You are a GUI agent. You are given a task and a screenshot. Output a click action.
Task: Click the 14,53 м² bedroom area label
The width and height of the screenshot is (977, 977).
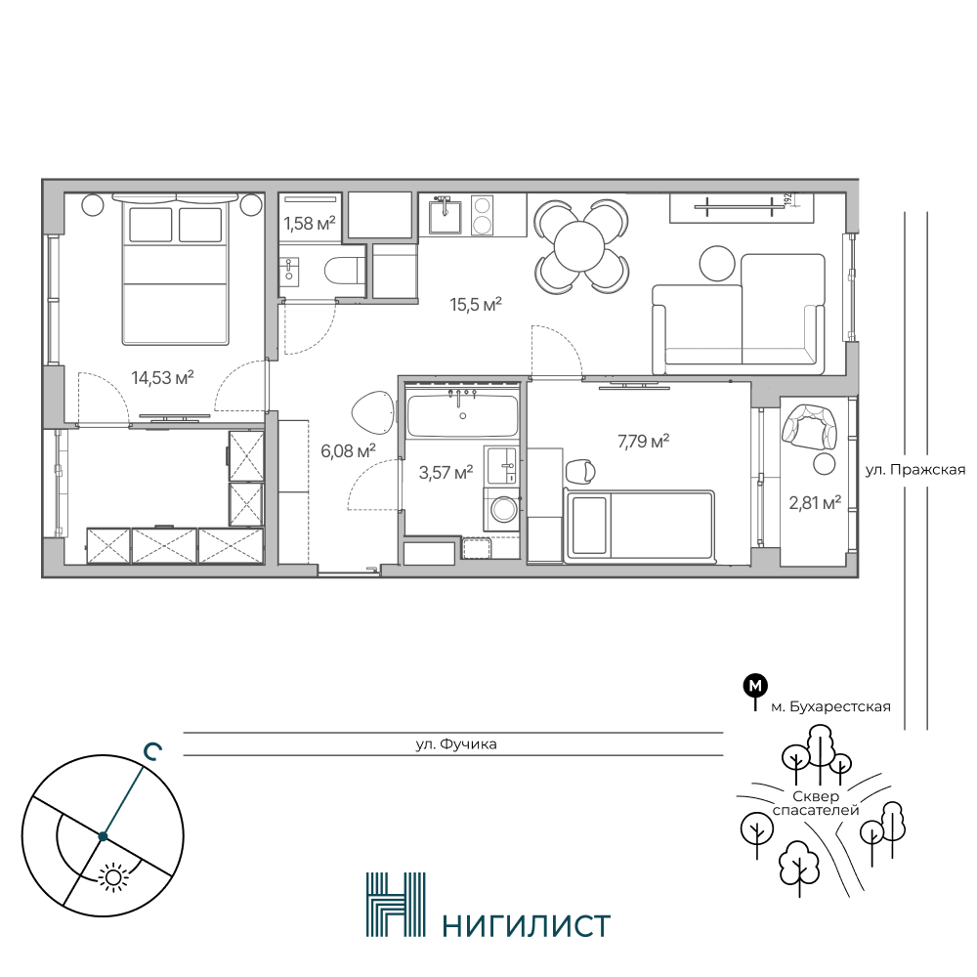162,377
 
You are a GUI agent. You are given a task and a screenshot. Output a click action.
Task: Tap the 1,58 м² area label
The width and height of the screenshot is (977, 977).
310,223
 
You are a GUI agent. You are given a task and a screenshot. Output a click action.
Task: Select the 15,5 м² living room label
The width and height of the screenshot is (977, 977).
476,305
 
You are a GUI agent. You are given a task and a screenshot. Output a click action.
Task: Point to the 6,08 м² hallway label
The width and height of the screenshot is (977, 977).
348,450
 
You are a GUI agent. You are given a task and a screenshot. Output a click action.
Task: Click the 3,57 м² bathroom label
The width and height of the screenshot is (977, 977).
446,472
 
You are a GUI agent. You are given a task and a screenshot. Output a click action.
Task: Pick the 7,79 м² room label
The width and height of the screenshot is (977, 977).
644,442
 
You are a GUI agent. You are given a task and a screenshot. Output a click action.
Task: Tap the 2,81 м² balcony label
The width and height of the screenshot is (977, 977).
815,502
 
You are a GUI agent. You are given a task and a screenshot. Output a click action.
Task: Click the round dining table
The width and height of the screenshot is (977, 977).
579,247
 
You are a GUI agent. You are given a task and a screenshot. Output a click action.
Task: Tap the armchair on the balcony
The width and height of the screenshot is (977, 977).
808,425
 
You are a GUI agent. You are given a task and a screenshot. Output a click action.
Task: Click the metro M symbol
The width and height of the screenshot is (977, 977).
755,686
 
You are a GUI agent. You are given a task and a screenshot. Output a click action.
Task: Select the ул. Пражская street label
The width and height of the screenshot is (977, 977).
915,470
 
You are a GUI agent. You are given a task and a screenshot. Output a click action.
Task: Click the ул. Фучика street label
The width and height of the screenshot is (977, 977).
456,743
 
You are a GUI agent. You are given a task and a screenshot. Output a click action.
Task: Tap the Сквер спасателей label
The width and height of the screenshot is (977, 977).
816,803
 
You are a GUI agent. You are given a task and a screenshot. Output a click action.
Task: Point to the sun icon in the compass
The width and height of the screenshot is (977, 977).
113,876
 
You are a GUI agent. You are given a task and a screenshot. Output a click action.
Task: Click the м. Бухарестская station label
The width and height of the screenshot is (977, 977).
831,706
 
